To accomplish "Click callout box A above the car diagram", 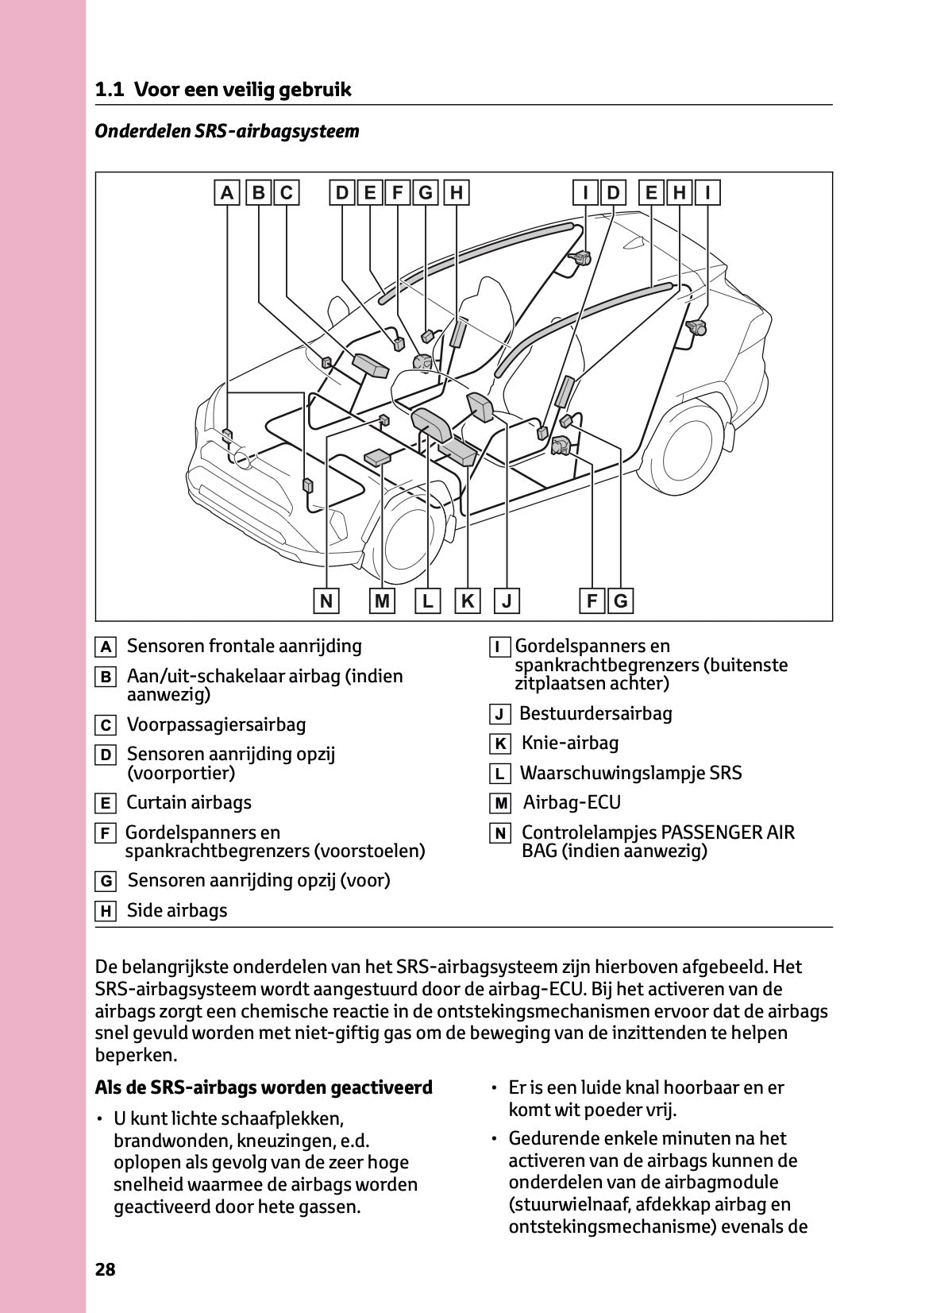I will tap(227, 193).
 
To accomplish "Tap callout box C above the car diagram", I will tap(287, 193).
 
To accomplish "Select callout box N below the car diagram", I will tap(326, 601).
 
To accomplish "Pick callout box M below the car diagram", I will tap(383, 601).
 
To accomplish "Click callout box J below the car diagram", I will tap(507, 601).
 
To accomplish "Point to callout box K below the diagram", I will tap(468, 601).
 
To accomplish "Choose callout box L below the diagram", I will tap(427, 601).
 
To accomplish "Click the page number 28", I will tap(106, 1269).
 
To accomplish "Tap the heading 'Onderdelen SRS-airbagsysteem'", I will tap(227, 131).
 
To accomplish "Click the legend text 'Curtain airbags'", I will tap(189, 802).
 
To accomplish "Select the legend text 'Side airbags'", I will tap(177, 910).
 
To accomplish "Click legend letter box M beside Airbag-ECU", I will tap(500, 804).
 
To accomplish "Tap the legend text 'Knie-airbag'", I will tap(569, 743).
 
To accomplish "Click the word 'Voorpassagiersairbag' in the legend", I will tap(216, 724).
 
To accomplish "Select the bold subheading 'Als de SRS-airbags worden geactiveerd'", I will tap(264, 1087).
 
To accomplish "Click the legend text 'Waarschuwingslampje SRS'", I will tap(630, 773).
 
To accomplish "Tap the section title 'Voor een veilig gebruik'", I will tap(242, 90).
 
